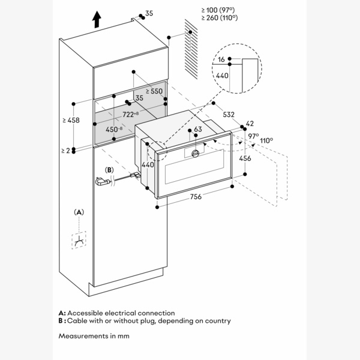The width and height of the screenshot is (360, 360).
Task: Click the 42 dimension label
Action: click(x=250, y=123)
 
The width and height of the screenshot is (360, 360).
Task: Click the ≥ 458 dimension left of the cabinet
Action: click(x=71, y=121)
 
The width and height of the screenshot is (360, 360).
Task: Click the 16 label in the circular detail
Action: click(x=222, y=60)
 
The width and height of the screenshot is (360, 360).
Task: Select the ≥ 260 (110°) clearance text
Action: click(x=220, y=18)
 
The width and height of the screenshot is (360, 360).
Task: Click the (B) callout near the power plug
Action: click(x=109, y=170)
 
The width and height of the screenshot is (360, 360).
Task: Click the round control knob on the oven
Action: click(x=195, y=154)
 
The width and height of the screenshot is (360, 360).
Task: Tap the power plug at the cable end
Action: click(x=101, y=181)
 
